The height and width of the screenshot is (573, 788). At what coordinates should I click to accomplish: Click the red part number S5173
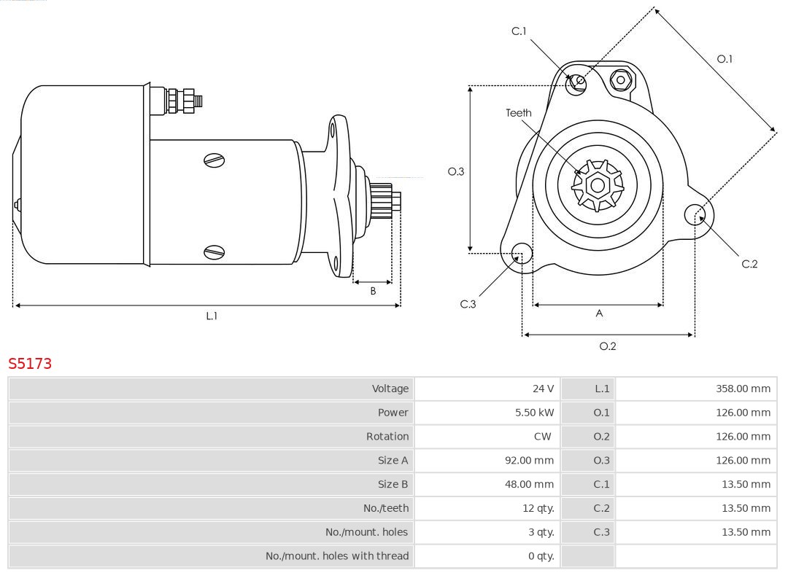point(30,363)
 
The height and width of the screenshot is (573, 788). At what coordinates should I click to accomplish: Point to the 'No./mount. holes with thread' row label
point(337,556)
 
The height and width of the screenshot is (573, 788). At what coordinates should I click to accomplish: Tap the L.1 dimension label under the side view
point(212,316)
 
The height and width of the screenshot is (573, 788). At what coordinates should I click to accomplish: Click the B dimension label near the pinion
point(373,291)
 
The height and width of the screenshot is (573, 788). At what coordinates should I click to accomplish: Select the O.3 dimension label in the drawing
point(456,172)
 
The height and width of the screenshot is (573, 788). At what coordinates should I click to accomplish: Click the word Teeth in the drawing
point(519,113)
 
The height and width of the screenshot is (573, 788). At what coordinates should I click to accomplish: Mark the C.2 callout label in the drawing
point(749,264)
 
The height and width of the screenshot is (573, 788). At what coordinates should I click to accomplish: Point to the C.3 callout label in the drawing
point(468,304)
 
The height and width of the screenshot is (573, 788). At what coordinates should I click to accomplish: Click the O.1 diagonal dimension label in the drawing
point(725,59)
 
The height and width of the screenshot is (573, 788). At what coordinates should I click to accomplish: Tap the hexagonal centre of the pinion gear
point(598,186)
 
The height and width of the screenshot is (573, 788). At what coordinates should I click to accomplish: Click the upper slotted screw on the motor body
point(215,160)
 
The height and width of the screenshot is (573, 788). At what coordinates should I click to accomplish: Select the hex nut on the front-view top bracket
point(621,79)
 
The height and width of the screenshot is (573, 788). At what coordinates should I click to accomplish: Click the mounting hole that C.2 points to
point(694,214)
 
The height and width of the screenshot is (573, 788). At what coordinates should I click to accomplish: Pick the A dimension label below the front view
point(599,313)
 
